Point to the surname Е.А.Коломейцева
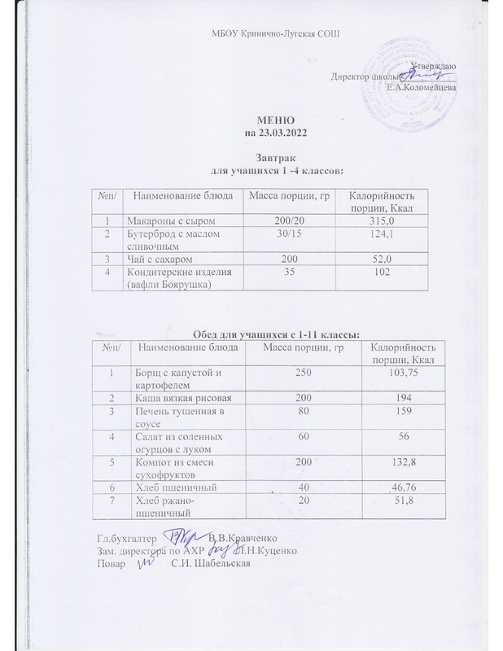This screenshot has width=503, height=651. tap(422, 86)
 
